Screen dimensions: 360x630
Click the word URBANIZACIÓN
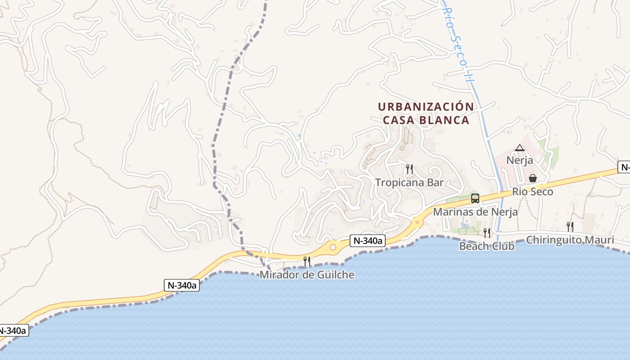pyautogui.click(x=426, y=107)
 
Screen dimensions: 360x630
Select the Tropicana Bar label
pyautogui.click(x=409, y=183)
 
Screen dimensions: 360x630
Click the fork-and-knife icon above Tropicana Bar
pyautogui.click(x=409, y=169)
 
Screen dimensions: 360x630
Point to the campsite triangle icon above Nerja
pyautogui.click(x=520, y=148)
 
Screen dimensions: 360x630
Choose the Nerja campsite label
pyautogui.click(x=520, y=160)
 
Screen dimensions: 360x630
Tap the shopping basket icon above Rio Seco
pyautogui.click(x=533, y=178)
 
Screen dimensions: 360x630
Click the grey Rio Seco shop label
pyautogui.click(x=533, y=192)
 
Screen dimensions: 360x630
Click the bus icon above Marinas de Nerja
pyautogui.click(x=475, y=198)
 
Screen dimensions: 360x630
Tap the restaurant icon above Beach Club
pyautogui.click(x=487, y=233)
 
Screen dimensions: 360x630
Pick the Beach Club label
pyautogui.click(x=487, y=246)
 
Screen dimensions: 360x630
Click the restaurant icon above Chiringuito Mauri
pyautogui.click(x=570, y=226)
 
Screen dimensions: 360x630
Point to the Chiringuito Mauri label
pyautogui.click(x=570, y=240)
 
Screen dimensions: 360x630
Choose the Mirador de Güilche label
pyautogui.click(x=307, y=274)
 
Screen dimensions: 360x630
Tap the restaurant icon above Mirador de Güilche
pyautogui.click(x=307, y=261)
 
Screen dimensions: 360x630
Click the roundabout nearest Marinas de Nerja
pyautogui.click(x=418, y=222)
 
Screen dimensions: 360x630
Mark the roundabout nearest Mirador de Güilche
pyautogui.click(x=333, y=247)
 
